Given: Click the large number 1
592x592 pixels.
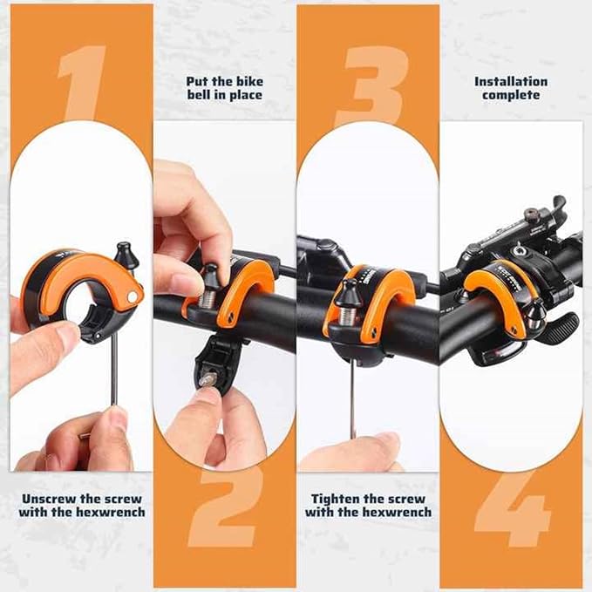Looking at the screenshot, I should [82, 84].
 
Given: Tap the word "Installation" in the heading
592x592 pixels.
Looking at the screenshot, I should [511, 81].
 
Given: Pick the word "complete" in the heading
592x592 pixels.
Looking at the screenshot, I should [511, 94].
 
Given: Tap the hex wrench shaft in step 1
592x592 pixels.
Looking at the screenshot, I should [114, 366].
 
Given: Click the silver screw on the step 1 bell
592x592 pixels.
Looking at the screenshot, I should [132, 297].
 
